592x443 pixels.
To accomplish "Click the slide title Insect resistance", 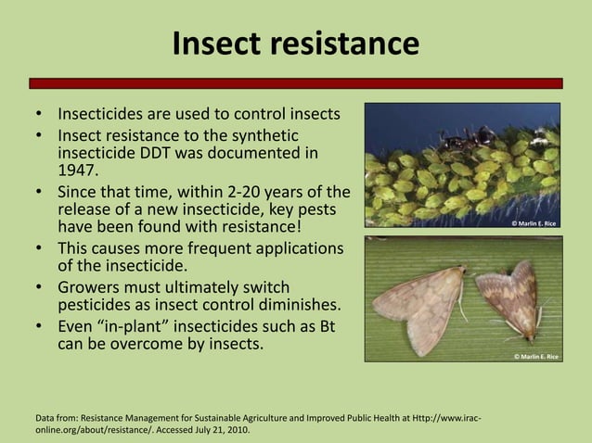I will pyautogui.click(x=295, y=43).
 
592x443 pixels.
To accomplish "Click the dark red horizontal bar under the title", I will pyautogui.click(x=295, y=82).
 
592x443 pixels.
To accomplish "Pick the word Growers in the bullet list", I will pyautogui.click(x=91, y=287).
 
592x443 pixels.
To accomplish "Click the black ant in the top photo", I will pyautogui.click(x=455, y=142).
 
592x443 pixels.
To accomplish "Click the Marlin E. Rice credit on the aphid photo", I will pyautogui.click(x=534, y=223).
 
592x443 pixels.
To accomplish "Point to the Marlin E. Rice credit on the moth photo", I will pyautogui.click(x=534, y=357).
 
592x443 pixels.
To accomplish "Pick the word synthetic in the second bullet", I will pyautogui.click(x=261, y=135).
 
